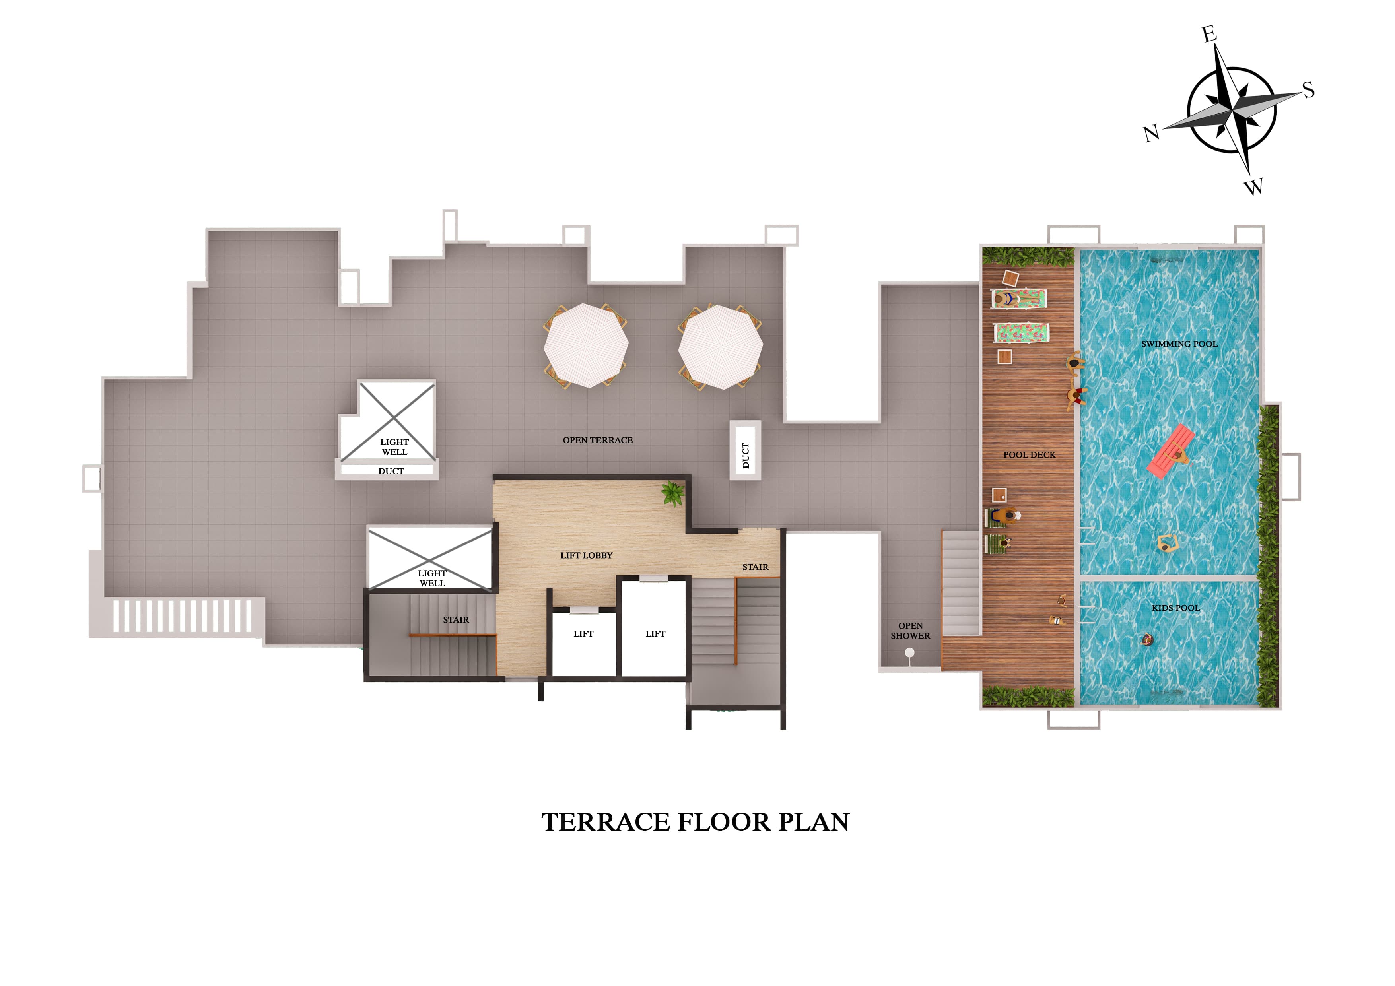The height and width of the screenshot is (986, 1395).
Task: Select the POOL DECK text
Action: coord(1029,454)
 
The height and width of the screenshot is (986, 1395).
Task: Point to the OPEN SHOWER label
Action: coord(910,631)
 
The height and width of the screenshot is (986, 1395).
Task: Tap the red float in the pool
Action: coord(1170,451)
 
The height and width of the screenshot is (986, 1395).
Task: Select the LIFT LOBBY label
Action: coord(586,555)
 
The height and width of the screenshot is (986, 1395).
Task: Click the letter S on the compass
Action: coord(1308,91)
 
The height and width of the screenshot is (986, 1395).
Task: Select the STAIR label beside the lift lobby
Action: coord(755,567)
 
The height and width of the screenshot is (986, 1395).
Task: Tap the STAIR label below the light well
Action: coord(456,620)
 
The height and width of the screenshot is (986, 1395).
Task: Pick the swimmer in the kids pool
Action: coord(1147,640)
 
